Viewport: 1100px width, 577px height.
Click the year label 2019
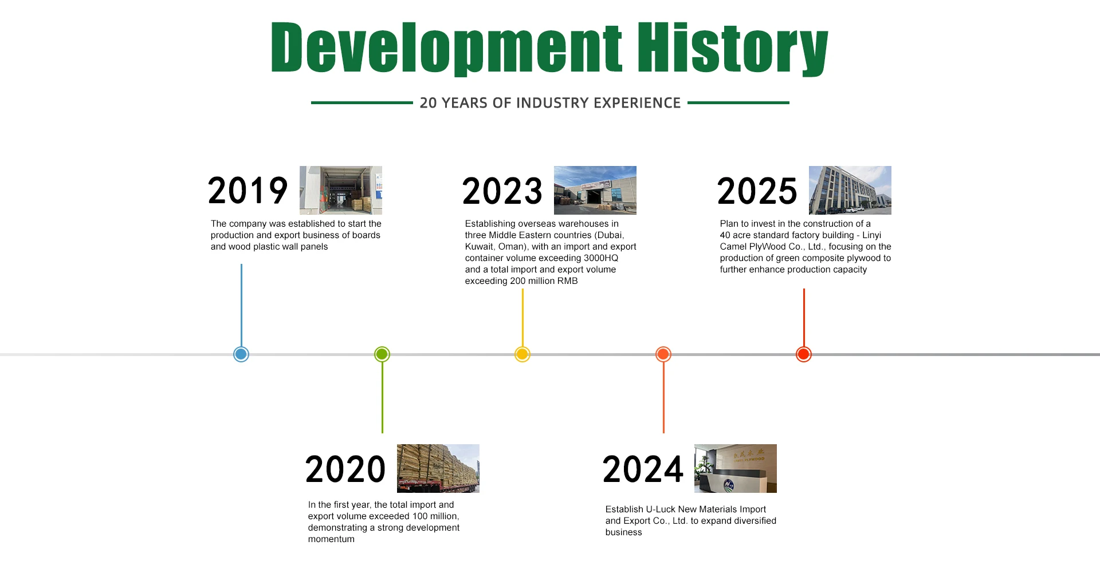click(x=247, y=191)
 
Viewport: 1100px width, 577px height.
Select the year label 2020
click(x=345, y=469)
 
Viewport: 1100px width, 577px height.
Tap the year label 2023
click(x=502, y=191)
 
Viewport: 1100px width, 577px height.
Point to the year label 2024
click(x=643, y=469)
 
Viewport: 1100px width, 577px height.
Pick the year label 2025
click(x=757, y=191)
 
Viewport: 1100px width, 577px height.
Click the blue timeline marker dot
click(x=241, y=354)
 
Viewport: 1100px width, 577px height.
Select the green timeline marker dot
click(x=382, y=354)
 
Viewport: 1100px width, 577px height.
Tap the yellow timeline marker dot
click(x=522, y=354)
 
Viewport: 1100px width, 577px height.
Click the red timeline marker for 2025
click(x=804, y=354)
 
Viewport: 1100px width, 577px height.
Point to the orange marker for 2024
click(x=663, y=354)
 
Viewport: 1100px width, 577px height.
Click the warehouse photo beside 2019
click(x=341, y=190)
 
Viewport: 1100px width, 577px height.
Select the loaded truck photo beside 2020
click(x=438, y=468)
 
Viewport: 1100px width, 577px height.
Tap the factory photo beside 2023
click(x=595, y=190)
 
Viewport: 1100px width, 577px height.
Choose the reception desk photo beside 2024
click(x=736, y=468)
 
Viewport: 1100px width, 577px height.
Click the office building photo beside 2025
click(x=850, y=190)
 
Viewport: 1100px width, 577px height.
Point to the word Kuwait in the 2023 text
click(x=478, y=247)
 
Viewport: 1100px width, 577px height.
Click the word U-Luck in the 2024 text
click(x=661, y=509)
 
